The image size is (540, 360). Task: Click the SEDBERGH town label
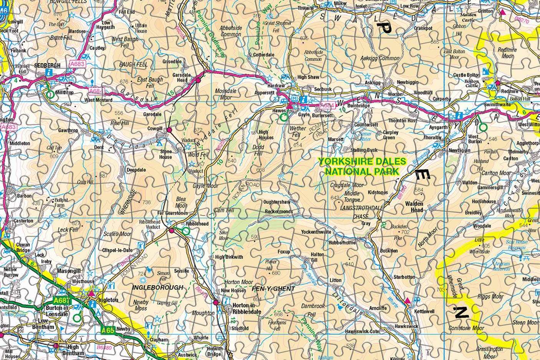tap(47, 66)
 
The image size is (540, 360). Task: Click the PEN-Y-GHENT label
tap(273, 288)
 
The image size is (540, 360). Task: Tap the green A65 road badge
tap(109, 329)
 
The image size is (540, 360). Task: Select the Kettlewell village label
tap(424, 311)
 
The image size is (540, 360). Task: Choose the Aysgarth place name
tap(438, 127)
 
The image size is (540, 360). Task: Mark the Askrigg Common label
tap(380, 58)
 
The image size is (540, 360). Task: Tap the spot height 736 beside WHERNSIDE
tap(146, 202)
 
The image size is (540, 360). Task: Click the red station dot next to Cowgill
tap(169, 131)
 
